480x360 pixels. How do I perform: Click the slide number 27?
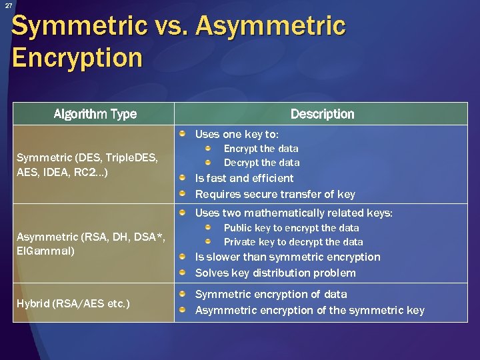pos(8,6)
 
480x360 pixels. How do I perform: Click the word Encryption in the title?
pos(77,58)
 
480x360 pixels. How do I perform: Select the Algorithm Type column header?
pos(95,114)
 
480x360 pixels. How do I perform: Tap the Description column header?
pos(322,114)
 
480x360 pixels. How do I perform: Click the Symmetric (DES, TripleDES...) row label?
pos(87,165)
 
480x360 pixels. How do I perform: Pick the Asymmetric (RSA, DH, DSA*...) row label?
pos(89,244)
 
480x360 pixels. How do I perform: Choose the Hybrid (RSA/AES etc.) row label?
pos(73,304)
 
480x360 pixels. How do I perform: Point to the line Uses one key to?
pos(237,134)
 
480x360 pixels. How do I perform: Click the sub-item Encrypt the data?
pos(261,149)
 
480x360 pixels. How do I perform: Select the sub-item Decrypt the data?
pos(261,163)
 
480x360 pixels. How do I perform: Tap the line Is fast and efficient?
pos(244,178)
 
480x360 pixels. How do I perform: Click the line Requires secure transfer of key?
pos(275,195)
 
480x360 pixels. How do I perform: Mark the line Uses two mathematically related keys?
pos(293,213)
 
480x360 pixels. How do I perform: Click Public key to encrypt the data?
pos(291,228)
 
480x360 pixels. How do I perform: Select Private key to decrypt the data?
pos(293,242)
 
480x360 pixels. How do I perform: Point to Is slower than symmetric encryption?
pos(287,257)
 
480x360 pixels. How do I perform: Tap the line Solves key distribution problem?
pos(275,273)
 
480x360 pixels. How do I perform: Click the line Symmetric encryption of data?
pos(271,294)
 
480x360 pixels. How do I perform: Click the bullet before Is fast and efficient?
pos(183,178)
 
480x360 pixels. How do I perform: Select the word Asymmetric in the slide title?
pos(271,27)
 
